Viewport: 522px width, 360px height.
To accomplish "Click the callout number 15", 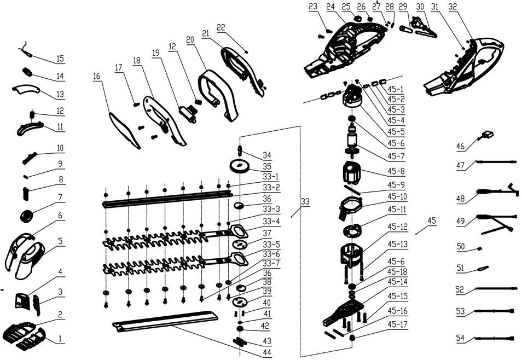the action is point(60,59).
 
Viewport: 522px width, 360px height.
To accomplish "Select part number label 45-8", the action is point(396,171).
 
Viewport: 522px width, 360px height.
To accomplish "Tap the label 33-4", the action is point(271,221).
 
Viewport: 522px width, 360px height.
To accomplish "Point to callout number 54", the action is point(460,338).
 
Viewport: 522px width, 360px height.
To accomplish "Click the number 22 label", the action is point(221,27).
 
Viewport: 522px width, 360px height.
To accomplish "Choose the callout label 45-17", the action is point(397,324).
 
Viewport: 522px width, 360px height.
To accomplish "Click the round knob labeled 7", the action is point(27,217).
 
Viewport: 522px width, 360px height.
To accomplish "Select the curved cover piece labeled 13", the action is point(26,89).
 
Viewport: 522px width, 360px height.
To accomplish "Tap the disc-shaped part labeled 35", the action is point(240,166).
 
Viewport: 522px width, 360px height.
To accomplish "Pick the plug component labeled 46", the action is point(486,135).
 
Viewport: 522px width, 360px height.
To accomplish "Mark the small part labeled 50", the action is point(479,248).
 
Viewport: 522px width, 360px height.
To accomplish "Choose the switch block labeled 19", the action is point(188,113).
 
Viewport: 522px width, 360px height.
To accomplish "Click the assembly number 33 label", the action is point(305,201).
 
